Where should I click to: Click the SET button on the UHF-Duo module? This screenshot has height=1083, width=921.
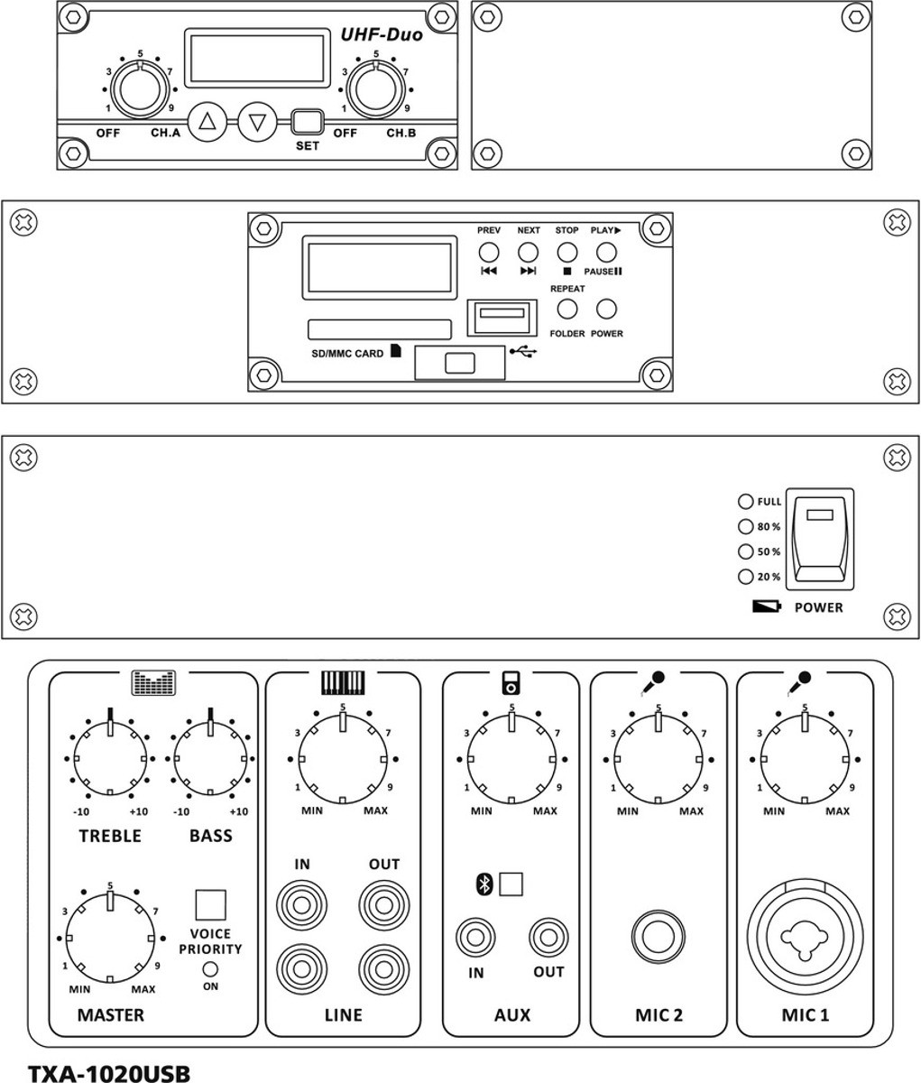tap(308, 122)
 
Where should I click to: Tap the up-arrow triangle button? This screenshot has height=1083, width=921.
tap(207, 122)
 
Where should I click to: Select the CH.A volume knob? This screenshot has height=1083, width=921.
tap(141, 88)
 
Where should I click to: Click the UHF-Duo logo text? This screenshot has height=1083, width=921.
tap(382, 34)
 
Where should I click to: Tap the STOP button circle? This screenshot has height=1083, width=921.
tap(567, 253)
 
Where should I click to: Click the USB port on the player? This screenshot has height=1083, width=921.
tap(502, 317)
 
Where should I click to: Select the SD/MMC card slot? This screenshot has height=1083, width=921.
tap(380, 329)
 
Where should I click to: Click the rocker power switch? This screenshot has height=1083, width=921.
tap(820, 539)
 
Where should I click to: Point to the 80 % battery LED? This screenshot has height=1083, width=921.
tap(746, 526)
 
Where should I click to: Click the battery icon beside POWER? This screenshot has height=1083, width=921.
tap(767, 606)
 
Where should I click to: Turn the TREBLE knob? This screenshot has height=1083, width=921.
tap(110, 758)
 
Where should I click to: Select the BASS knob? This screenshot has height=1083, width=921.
tap(210, 758)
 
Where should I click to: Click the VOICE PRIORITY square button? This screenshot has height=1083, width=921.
tap(210, 905)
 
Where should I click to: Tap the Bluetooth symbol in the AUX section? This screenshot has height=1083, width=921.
tap(484, 884)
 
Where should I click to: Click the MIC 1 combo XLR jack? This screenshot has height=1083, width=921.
tap(805, 936)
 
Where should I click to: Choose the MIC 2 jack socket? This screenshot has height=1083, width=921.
tap(659, 936)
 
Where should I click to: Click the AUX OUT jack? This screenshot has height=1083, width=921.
tap(548, 937)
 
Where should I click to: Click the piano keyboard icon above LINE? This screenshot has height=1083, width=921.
tap(343, 682)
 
